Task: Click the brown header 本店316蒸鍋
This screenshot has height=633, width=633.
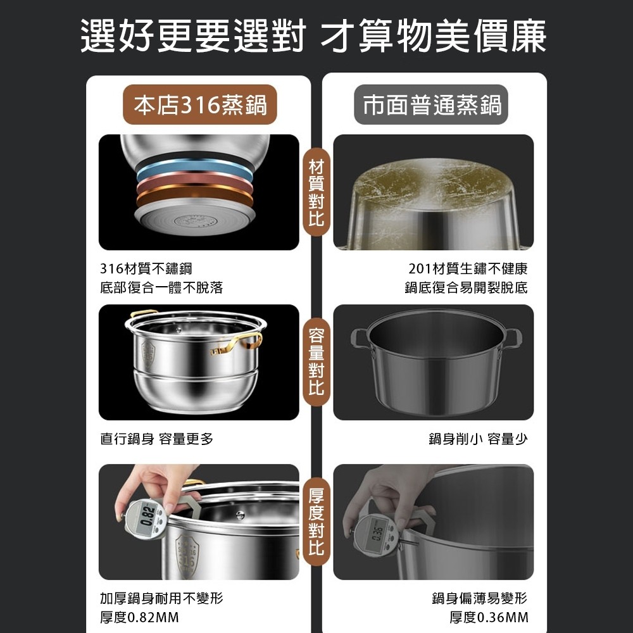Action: coord(200,104)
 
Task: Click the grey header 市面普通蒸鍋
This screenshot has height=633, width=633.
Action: coord(430,104)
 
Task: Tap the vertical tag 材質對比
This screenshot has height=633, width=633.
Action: coord(316,192)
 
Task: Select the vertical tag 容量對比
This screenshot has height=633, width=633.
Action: coord(316,362)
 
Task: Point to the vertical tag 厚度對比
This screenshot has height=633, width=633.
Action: coord(316,522)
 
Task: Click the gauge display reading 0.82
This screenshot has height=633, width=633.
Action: coord(147,517)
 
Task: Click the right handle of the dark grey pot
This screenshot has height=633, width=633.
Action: coord(513,338)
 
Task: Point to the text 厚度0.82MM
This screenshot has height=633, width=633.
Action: coord(139,617)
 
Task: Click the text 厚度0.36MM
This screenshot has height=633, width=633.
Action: coord(489,617)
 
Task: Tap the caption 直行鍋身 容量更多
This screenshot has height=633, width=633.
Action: coord(156,439)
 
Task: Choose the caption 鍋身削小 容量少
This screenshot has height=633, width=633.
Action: coord(478,439)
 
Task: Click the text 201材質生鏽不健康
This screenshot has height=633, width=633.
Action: coord(468,268)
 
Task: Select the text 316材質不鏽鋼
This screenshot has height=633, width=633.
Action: coord(146,268)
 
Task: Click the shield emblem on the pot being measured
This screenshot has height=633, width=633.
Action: coord(187,556)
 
